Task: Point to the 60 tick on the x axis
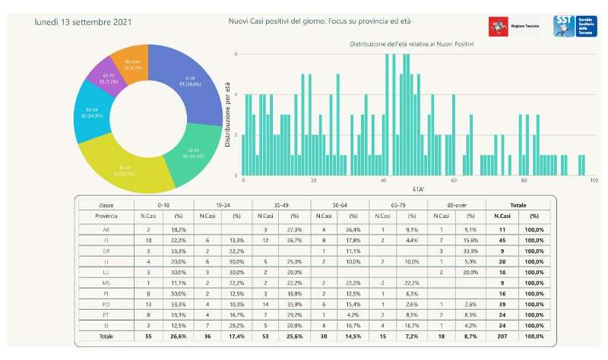tap(454, 181)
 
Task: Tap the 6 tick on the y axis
tap(236, 54)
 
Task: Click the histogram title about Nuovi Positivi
tap(412, 44)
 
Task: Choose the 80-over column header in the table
tap(456, 205)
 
